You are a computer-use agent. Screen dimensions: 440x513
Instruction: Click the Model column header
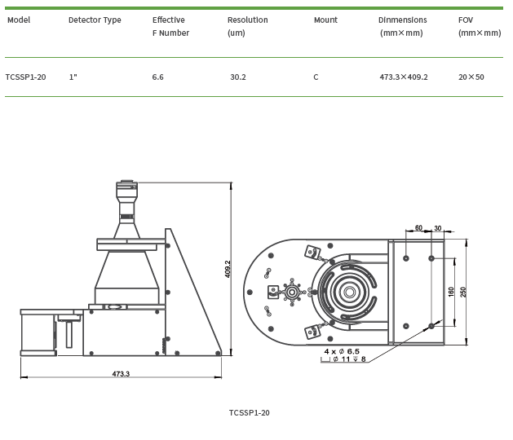pos(19,20)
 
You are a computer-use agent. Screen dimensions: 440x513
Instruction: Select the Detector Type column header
pos(95,20)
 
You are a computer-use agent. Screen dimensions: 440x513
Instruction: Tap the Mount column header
pos(325,20)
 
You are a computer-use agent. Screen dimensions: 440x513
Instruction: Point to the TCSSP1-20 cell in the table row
pos(25,77)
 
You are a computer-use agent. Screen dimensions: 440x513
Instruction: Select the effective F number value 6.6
pos(158,77)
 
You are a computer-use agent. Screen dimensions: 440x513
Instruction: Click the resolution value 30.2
pos(238,77)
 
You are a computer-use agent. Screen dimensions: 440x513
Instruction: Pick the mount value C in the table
pos(316,77)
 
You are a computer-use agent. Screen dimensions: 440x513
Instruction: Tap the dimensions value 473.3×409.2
pos(404,77)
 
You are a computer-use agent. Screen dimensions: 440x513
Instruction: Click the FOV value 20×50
pos(471,77)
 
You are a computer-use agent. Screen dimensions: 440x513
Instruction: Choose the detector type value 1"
pos(73,77)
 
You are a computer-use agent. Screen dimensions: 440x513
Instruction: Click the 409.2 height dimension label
pos(228,269)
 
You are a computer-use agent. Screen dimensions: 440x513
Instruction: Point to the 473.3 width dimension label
pos(121,374)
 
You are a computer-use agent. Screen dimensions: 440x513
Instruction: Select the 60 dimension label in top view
pos(418,228)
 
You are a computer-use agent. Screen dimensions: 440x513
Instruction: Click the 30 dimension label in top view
pos(438,228)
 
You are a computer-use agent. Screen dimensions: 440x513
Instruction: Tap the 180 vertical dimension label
pos(451,292)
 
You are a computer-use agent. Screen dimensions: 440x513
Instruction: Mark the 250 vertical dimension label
pos(463,292)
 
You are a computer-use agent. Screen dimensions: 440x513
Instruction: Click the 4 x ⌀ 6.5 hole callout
pos(342,351)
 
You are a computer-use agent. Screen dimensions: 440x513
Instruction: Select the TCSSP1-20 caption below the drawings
pos(250,412)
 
